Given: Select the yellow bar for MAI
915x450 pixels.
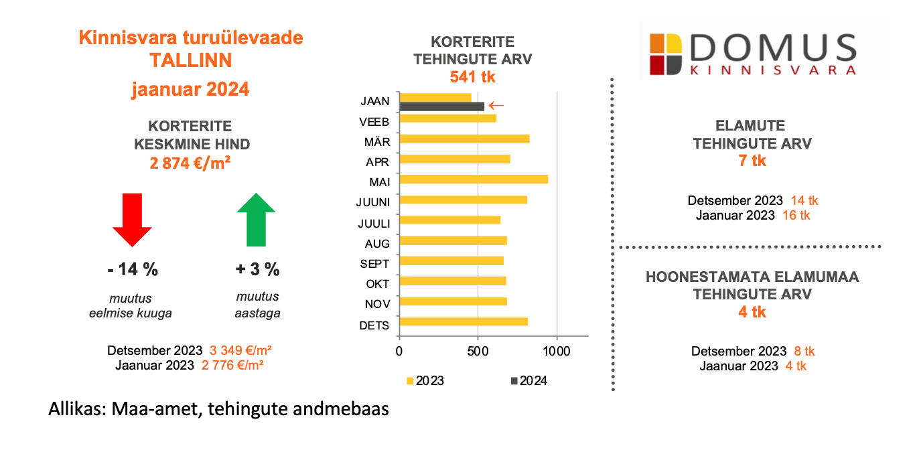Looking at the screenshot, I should tap(474, 179).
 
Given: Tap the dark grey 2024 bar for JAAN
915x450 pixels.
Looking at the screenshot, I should tap(441, 106).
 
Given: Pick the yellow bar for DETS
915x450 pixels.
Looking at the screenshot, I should tap(464, 321).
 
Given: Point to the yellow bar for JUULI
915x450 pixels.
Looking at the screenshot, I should tap(449, 220).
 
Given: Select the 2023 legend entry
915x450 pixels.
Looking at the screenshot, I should tap(425, 381).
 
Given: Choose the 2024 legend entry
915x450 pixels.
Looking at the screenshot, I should tap(529, 381).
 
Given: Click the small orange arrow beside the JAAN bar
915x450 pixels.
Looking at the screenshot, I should tap(496, 105).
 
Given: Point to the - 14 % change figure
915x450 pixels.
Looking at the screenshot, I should tap(133, 270).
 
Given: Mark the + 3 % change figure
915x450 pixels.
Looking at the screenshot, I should tap(257, 270).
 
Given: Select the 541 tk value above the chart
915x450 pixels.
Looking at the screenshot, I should tap(472, 76).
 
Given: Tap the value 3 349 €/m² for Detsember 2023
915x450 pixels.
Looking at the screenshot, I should tap(240, 351).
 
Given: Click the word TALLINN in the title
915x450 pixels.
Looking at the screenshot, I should tap(191, 60).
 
